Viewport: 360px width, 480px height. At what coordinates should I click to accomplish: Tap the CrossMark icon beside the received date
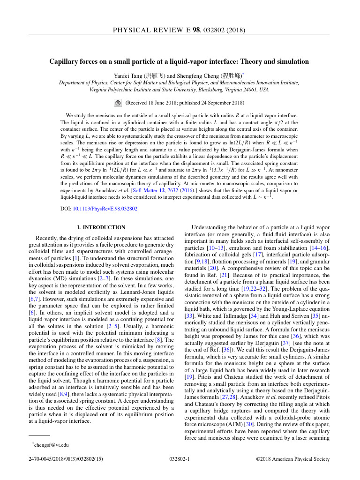(x=118, y=103)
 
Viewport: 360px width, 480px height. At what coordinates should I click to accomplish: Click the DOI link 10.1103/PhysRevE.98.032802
(x=105, y=209)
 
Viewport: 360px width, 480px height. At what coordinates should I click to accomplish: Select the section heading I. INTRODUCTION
(x=101, y=227)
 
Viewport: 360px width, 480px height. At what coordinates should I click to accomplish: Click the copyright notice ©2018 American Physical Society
(x=292, y=460)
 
